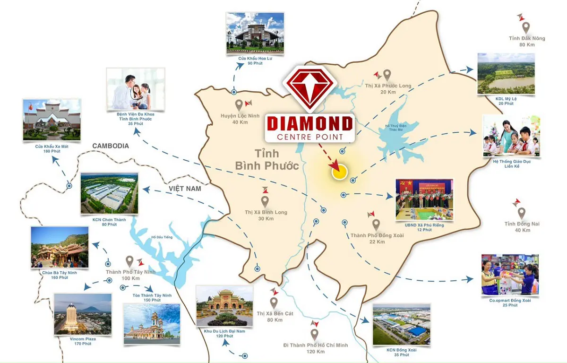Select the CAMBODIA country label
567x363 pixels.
[111, 146]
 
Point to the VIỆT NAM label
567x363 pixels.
[185, 189]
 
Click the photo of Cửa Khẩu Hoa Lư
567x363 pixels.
[255, 32]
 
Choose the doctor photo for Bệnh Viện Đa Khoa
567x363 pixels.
[136, 89]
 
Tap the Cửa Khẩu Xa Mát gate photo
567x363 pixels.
[52, 120]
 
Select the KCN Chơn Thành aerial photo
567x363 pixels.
[109, 193]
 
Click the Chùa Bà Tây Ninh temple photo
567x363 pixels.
[59, 247]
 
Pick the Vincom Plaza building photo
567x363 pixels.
[83, 314]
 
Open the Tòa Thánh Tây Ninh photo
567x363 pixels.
[151, 323]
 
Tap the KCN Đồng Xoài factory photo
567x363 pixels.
[401, 325]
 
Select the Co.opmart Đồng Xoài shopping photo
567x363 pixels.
[510, 275]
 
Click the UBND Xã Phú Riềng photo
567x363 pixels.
[424, 199]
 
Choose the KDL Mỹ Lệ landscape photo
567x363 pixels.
[506, 74]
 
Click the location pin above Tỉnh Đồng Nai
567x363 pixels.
[521, 213]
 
